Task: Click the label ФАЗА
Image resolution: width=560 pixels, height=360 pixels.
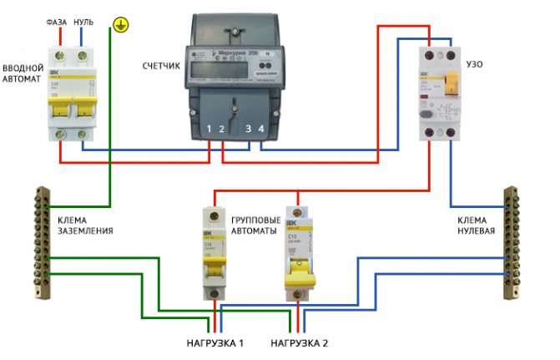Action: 56,22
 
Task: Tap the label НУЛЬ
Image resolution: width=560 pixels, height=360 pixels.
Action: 83,22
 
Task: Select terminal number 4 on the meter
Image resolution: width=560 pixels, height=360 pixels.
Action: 262,129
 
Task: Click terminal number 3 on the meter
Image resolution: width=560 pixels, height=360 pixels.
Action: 247,129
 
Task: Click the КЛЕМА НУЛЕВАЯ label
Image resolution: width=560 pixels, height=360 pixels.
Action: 473,224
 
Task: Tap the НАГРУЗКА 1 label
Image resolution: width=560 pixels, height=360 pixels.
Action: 215,343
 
